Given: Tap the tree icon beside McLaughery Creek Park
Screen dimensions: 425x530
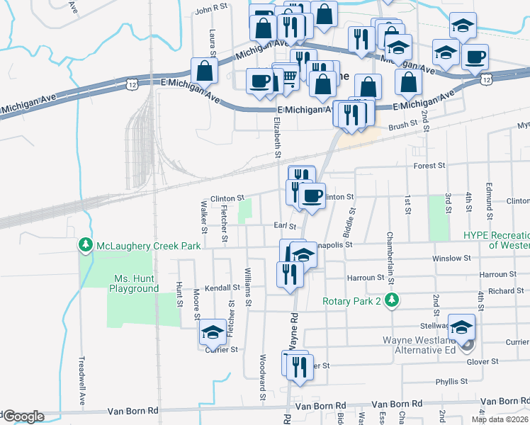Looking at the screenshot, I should click(x=86, y=244).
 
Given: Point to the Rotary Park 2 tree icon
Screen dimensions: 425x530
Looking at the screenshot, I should click(x=390, y=300).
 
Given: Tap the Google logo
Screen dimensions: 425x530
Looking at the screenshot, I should click(x=23, y=417).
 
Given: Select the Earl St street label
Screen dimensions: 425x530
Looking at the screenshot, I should click(x=284, y=226).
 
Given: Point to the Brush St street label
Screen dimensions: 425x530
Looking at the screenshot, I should click(x=403, y=125).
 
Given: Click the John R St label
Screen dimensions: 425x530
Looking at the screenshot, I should click(x=211, y=8).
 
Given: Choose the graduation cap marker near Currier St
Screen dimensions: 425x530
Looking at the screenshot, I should click(x=213, y=331).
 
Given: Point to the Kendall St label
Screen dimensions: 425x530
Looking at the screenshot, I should click(x=223, y=288).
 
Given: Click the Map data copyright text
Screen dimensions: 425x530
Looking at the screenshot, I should click(x=499, y=419).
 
